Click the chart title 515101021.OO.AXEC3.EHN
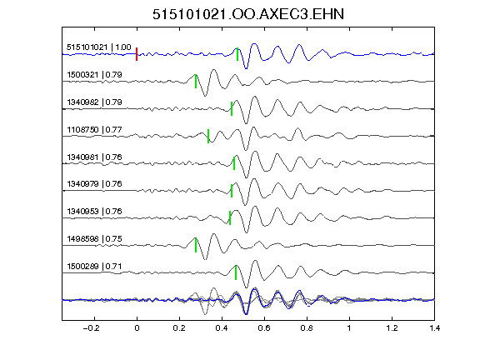(248, 14)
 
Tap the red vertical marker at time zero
(137, 54)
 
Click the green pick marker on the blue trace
(237, 54)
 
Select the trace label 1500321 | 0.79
(95, 75)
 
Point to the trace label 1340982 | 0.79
(95, 102)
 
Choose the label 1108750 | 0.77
(95, 129)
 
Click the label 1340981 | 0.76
(95, 157)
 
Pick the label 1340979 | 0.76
(95, 183)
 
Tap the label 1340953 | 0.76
(95, 211)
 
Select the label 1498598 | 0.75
(95, 239)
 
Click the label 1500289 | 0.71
(95, 267)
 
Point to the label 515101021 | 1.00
(99, 47)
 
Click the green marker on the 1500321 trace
(196, 82)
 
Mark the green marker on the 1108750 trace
(208, 136)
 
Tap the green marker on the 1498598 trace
(196, 245)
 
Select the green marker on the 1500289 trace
(236, 272)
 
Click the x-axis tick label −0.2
(91, 328)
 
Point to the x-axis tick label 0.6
(264, 328)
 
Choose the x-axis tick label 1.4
(434, 328)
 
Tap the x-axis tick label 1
(349, 328)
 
